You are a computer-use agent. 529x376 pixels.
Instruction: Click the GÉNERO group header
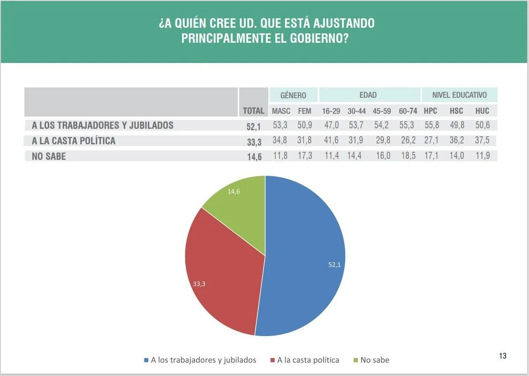(293, 95)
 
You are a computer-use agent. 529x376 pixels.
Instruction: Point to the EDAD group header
(368, 95)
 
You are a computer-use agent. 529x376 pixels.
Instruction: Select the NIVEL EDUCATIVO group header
(460, 95)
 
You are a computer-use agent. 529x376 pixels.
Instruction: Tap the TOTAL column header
(253, 111)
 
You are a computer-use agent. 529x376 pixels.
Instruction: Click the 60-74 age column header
(408, 111)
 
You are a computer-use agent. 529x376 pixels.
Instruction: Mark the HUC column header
(482, 111)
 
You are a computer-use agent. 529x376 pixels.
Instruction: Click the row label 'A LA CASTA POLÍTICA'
(74, 141)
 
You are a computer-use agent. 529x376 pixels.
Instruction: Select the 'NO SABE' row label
(49, 157)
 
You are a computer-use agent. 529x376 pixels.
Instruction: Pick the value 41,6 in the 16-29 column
(331, 141)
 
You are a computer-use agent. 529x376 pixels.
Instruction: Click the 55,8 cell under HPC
(431, 125)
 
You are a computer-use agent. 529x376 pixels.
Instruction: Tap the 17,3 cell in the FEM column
(305, 156)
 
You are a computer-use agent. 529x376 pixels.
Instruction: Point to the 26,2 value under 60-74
(408, 141)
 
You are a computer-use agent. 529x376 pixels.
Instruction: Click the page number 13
(503, 356)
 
